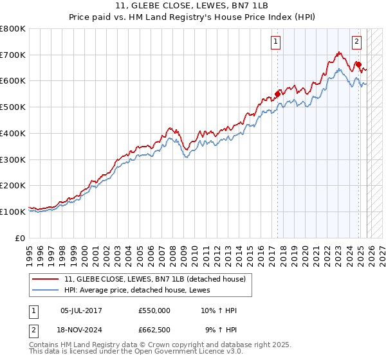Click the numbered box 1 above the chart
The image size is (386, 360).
(x=275, y=42)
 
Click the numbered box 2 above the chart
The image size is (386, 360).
(x=356, y=42)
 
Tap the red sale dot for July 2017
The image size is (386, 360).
(x=278, y=93)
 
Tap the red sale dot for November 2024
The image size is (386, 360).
(x=358, y=64)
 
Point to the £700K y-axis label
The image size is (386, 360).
(x=13, y=55)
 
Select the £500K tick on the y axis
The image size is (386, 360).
(x=13, y=107)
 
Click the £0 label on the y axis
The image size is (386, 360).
(x=21, y=238)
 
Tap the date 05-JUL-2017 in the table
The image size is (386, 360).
(x=81, y=310)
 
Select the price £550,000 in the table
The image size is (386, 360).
(x=154, y=310)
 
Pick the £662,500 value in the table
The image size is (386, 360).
(x=154, y=330)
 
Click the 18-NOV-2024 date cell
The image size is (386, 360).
(x=81, y=330)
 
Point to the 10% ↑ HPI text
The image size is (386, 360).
(x=219, y=310)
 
